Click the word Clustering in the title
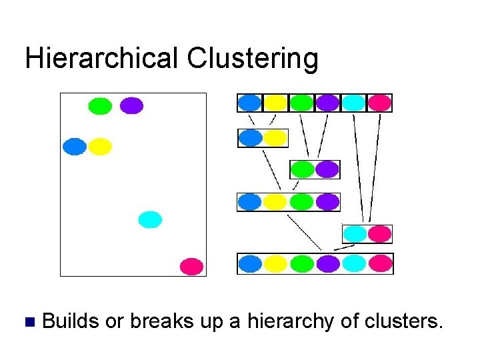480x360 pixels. [253, 59]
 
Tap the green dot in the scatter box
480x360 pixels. [100, 106]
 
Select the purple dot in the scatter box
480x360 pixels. [131, 106]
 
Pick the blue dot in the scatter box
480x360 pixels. [75, 146]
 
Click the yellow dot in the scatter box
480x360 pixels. [99, 146]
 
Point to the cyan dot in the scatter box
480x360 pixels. [150, 219]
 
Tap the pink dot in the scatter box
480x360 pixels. [191, 267]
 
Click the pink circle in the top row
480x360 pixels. [379, 103]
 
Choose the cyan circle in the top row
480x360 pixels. [353, 103]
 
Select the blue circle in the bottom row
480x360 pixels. [251, 264]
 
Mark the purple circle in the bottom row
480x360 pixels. [327, 264]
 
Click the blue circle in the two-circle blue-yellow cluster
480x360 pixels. [251, 138]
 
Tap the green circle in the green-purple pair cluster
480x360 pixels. [302, 169]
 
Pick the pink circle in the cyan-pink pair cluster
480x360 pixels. [379, 234]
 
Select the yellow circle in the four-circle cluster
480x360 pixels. [276, 201]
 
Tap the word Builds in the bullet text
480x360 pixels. [71, 322]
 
